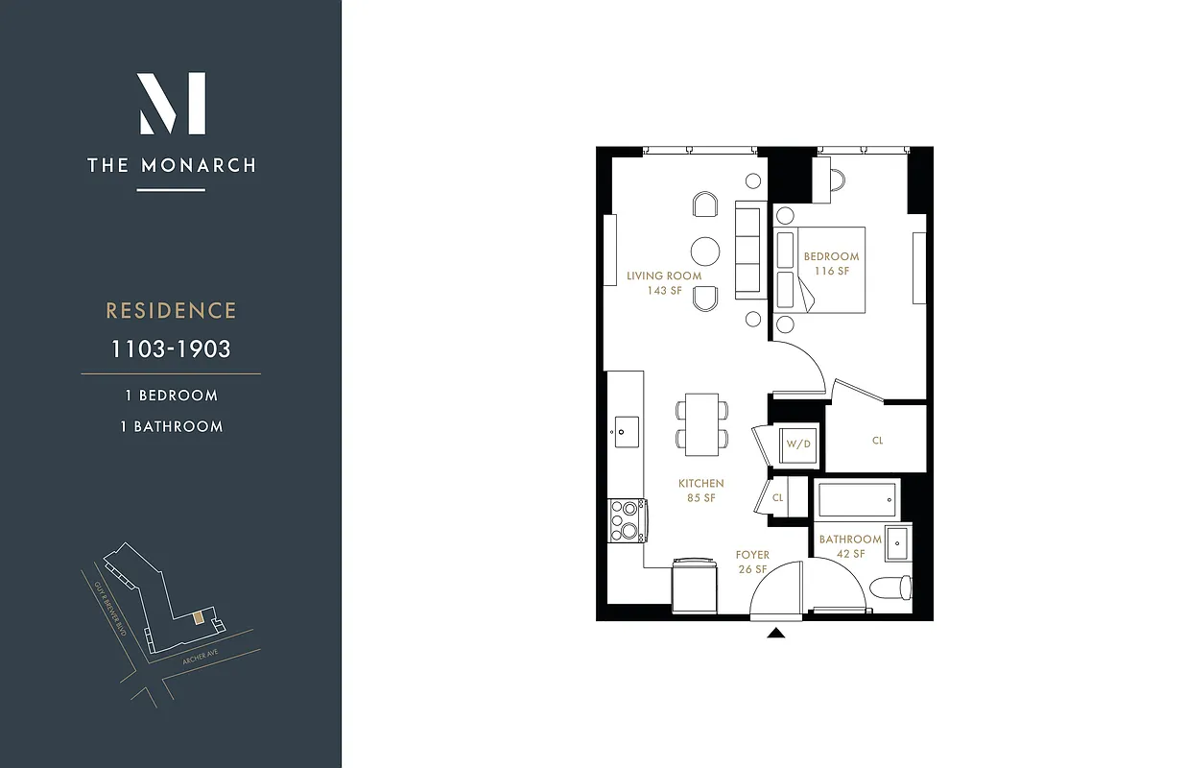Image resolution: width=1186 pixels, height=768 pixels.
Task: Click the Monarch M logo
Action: pos(172,104)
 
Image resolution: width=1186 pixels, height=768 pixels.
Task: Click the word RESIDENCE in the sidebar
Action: pos(171,311)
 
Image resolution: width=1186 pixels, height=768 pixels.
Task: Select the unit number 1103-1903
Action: pos(171,348)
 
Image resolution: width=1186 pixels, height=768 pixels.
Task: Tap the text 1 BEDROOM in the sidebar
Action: pos(171,396)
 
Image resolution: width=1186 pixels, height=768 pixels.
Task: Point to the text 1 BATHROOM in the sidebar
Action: pos(171,426)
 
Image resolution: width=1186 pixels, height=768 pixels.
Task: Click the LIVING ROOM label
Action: pos(664,276)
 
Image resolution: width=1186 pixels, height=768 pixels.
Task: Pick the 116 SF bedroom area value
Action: pos(832,271)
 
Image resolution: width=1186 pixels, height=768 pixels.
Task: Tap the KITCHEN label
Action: pos(700,483)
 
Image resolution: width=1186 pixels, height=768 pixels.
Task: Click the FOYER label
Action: pos(752,555)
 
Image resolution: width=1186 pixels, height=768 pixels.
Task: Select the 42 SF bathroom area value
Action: pos(850,554)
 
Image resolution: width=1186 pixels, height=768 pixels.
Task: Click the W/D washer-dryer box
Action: pos(798,444)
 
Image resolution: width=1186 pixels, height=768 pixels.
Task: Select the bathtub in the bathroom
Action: pos(856,499)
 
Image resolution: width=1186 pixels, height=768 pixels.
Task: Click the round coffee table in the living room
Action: pos(705,251)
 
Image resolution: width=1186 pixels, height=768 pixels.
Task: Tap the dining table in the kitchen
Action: pos(701,423)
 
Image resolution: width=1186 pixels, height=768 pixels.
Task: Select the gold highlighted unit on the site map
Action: pos(198,617)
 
